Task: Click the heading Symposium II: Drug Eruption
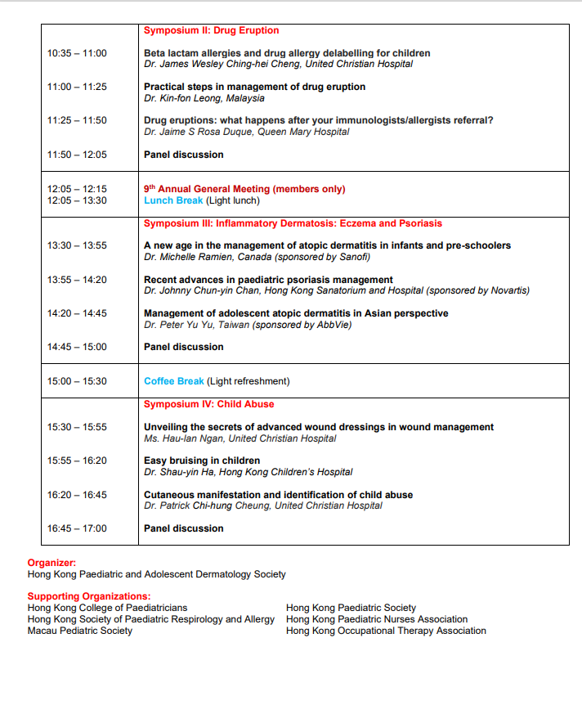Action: tap(211, 30)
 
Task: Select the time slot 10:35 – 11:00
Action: tap(77, 53)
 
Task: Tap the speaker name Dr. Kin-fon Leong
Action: tap(204, 98)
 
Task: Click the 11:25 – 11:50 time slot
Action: tap(77, 120)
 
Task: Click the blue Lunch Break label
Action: tap(173, 200)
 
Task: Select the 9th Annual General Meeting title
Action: tap(244, 189)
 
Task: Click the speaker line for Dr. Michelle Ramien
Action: tap(257, 257)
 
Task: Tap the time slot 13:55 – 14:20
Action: tap(77, 280)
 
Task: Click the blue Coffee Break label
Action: tap(174, 381)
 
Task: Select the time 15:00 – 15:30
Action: tap(77, 381)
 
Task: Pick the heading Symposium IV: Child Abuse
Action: tap(208, 404)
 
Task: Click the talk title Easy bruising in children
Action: tap(202, 461)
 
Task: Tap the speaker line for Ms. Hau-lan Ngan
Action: tap(240, 438)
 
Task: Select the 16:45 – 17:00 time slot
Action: tap(77, 528)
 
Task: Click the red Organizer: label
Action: tap(51, 563)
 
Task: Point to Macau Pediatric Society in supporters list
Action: tap(79, 631)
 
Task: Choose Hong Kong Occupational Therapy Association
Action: tap(386, 631)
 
